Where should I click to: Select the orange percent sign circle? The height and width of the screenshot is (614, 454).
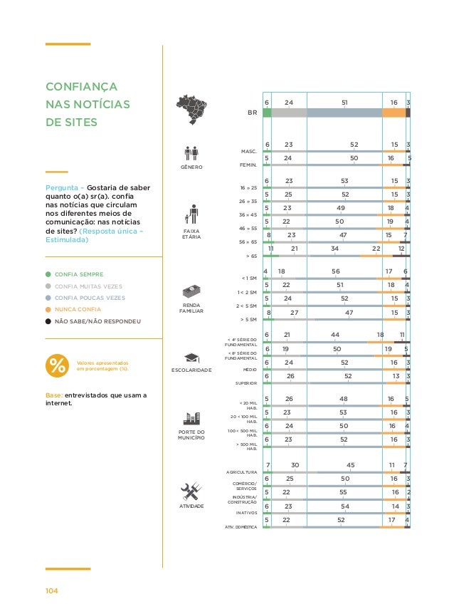coord(56,365)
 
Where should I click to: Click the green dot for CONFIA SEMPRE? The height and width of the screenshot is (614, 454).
coord(48,274)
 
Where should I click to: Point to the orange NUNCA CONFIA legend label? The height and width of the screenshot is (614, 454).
coord(78,309)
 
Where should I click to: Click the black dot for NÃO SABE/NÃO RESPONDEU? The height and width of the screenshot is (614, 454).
coord(48,321)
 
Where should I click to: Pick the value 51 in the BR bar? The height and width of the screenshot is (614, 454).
coord(344,103)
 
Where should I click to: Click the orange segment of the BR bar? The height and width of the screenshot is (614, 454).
coord(394,113)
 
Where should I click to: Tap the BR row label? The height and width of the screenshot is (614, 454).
coord(252,113)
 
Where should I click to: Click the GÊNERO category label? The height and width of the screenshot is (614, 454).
coord(191,167)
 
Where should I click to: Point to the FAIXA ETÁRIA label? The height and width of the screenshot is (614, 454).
coord(192,234)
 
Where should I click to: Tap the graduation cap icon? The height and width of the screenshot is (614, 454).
coord(192,358)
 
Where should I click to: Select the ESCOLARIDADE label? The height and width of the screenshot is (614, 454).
coord(192,370)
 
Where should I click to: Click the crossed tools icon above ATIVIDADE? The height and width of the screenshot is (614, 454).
coord(192,491)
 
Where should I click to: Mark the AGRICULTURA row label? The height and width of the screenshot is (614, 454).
coord(241,472)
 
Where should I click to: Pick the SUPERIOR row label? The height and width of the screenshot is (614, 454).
coord(246,383)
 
